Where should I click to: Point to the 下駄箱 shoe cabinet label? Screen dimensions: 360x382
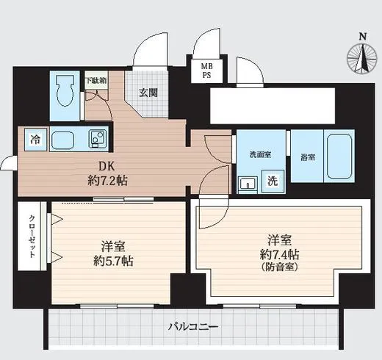95,80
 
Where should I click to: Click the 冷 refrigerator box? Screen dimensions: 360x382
35,138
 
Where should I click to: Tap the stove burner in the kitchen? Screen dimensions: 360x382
97,137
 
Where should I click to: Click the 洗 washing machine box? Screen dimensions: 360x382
271,181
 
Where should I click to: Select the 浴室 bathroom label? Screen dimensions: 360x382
307,156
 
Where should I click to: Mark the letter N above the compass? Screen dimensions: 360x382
361,37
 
